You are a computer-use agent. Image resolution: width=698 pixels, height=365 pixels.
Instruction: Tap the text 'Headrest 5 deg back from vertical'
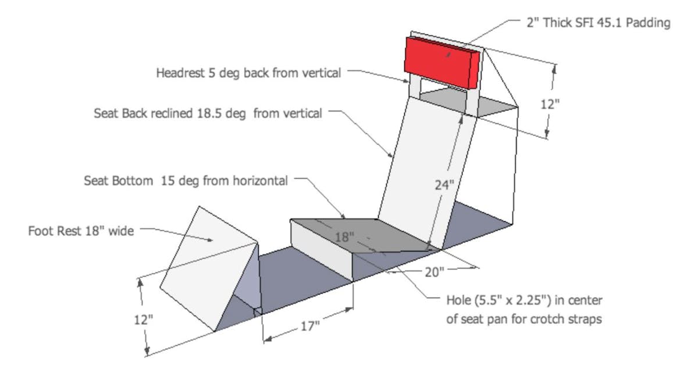click(x=248, y=73)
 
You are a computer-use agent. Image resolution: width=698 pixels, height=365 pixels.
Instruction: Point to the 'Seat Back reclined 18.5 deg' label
click(x=208, y=114)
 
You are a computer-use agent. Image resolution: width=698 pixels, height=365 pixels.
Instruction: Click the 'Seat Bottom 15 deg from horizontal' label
click(x=186, y=181)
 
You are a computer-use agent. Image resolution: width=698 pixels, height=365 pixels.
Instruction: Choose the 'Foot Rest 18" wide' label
click(x=81, y=231)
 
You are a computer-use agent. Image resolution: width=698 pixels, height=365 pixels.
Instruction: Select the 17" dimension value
click(x=310, y=326)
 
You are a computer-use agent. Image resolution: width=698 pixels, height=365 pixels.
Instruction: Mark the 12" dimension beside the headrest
click(x=549, y=105)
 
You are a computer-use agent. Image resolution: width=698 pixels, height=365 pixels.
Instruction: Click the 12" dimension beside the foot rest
click(x=143, y=320)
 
